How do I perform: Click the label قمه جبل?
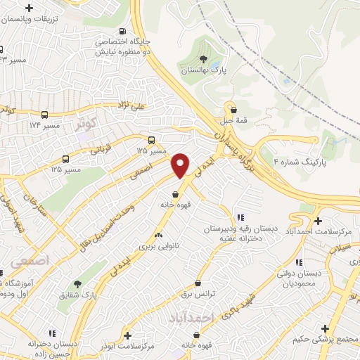coord(233,120)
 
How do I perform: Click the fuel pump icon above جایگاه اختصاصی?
coord(123,31)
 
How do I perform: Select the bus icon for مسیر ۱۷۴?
coord(46,115)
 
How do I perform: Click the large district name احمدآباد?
coord(191,319)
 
